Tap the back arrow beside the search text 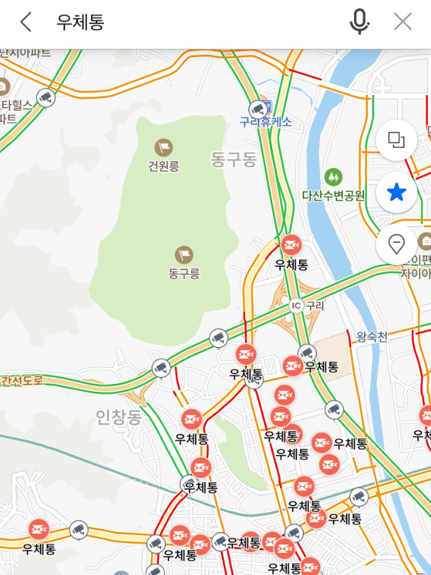click(x=25, y=23)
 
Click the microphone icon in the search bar click(x=359, y=23)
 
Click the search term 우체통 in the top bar click(x=80, y=23)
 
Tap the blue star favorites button click(x=396, y=193)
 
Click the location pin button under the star click(x=396, y=244)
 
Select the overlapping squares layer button click(x=396, y=140)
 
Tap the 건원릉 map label click(x=163, y=166)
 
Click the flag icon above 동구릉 click(x=184, y=254)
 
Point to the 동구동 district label click(x=233, y=160)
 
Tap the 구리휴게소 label click(x=266, y=122)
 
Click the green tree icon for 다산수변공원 click(x=333, y=177)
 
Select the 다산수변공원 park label click(x=333, y=196)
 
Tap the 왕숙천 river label click(x=372, y=336)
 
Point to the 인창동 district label click(x=119, y=418)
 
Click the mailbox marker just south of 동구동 click(x=291, y=245)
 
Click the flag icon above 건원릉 click(x=163, y=147)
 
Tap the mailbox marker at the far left click(x=39, y=529)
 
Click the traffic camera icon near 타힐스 click(x=46, y=97)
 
